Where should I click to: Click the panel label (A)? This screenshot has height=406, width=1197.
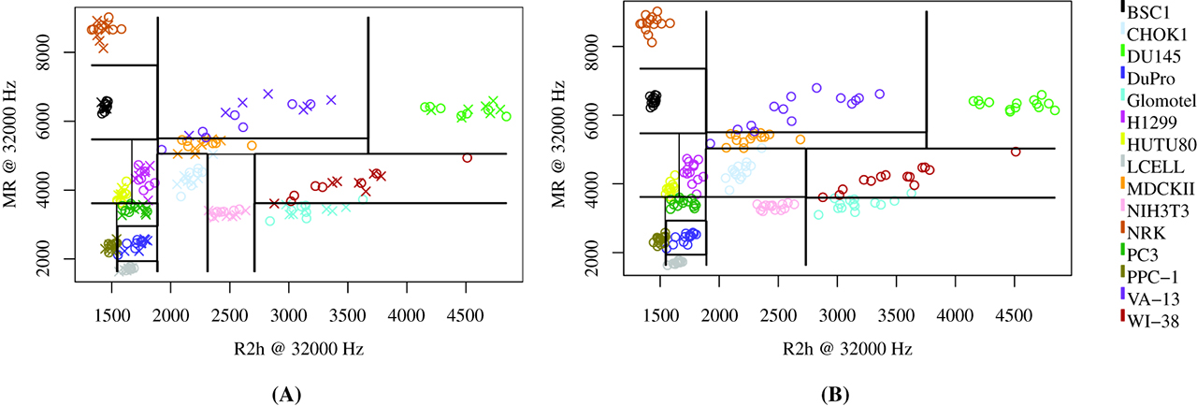(286, 395)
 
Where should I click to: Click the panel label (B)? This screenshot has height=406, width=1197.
(836, 395)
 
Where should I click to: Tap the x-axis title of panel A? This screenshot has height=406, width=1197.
(288, 348)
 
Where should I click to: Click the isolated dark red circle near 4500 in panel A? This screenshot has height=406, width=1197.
(467, 158)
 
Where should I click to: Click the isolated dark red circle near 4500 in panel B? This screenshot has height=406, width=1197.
(1016, 152)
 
